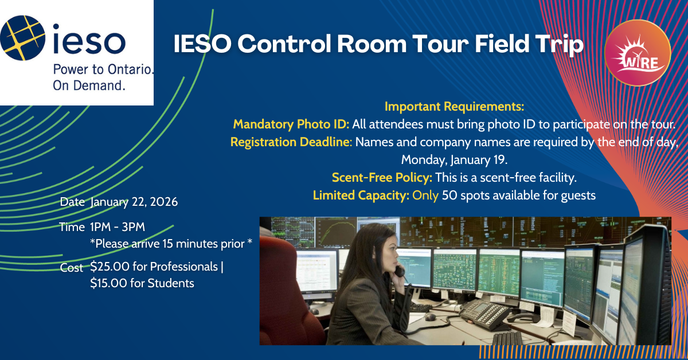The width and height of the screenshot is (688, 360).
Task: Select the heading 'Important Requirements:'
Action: point(455,107)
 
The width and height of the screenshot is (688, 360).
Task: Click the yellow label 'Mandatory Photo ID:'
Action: point(291,124)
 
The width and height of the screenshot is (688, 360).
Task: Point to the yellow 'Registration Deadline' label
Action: point(290,142)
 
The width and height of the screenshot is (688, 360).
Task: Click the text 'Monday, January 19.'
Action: point(454,159)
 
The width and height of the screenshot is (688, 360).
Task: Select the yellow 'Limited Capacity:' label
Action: point(361,195)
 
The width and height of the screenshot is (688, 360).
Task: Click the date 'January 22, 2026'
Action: point(134,202)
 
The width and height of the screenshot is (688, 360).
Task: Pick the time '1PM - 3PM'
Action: point(118,227)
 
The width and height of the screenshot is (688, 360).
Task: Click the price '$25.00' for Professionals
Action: point(109,267)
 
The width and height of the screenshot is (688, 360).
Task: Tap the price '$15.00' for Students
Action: point(109,283)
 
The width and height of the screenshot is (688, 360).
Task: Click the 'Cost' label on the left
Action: point(72,268)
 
